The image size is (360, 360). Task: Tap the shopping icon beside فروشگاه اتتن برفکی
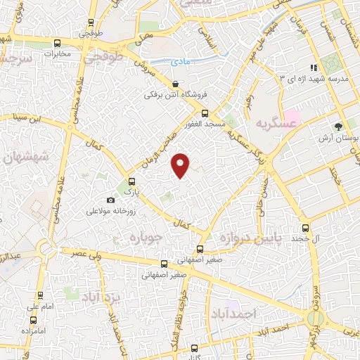tap(174, 83)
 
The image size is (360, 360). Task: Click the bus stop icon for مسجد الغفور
tap(205, 112)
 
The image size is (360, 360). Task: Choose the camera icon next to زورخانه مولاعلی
tap(109, 200)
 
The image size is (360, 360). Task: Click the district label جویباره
tap(146, 238)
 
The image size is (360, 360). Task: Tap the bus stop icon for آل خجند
tap(304, 228)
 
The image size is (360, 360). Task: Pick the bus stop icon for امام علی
tap(40, 295)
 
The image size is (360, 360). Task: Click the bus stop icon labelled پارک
tap(128, 180)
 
